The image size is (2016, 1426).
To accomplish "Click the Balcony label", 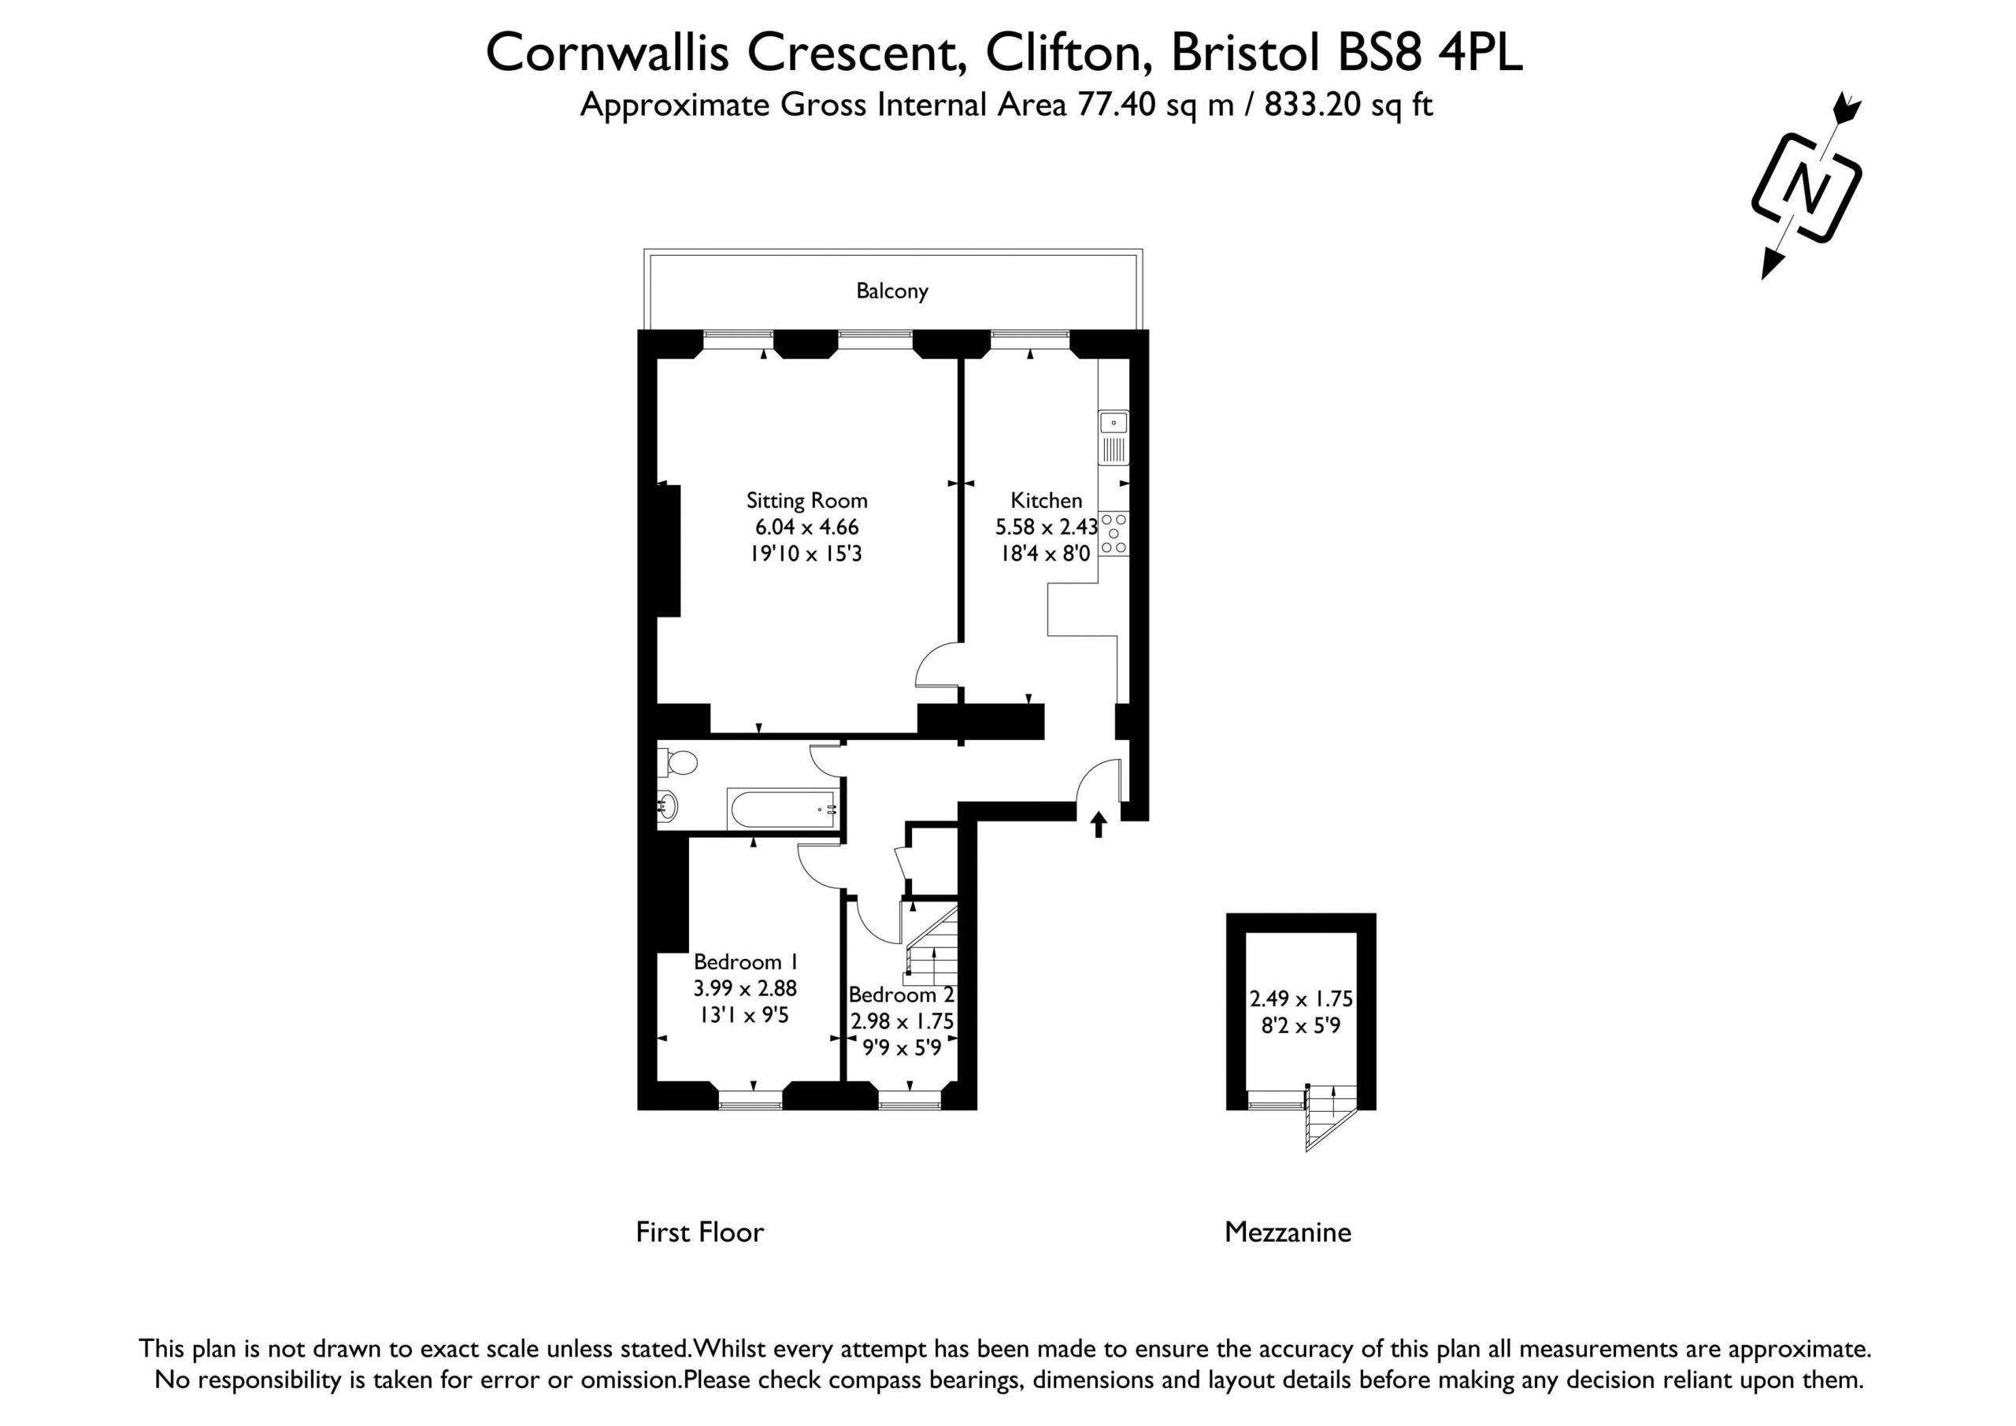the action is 892,291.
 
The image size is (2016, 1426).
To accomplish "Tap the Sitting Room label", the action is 807,501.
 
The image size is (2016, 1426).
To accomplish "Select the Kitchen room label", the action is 1046,501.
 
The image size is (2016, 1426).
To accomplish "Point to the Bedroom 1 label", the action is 746,961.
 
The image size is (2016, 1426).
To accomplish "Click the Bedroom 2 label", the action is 901,994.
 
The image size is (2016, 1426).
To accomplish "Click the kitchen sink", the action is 1114,437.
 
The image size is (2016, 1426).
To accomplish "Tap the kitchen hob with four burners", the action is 1114,534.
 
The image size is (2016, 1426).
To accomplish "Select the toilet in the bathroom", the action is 677,762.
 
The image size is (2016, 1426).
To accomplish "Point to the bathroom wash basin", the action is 667,806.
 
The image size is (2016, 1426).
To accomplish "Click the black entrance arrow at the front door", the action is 1099,824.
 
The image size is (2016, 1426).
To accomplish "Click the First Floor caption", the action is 700,1232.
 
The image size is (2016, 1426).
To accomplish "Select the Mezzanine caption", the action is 1288,1232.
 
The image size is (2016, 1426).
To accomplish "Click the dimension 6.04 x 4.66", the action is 807,527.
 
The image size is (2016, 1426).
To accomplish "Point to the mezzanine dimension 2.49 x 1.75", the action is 1301,998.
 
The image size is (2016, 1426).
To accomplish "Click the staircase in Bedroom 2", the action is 930,946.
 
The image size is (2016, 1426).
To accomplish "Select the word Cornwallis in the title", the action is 608,53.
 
